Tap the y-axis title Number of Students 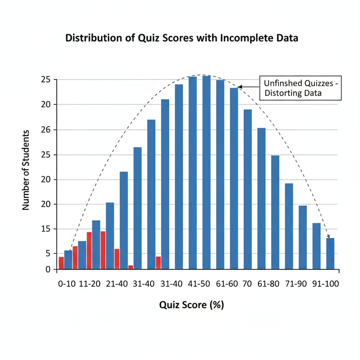[x=26, y=170]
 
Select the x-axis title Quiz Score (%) [x=192, y=305]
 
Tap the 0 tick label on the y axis [x=49, y=270]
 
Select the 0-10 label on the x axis [x=67, y=284]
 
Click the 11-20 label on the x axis [x=91, y=284]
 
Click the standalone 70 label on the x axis [x=247, y=284]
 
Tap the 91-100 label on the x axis [x=326, y=284]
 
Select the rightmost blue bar [x=330, y=253]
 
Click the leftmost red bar [x=61, y=263]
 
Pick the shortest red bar [x=131, y=267]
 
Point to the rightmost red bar [x=158, y=263]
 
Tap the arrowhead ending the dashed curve [x=328, y=236]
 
